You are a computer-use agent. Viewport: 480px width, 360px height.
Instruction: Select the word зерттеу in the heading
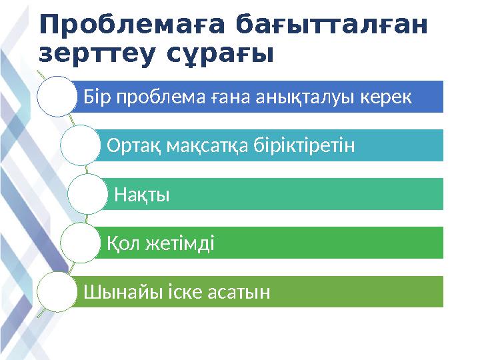coord(95,53)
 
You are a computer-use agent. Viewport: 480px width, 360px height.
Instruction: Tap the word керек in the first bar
coord(387,98)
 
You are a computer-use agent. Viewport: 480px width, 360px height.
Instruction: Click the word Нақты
coord(142,195)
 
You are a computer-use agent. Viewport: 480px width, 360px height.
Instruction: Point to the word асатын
coord(241,291)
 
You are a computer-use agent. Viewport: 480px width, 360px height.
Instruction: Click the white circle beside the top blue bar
coord(57,97)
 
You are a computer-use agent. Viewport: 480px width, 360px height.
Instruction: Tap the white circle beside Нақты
coord(87,194)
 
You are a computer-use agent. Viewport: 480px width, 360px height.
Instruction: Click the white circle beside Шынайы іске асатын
coord(57,291)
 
